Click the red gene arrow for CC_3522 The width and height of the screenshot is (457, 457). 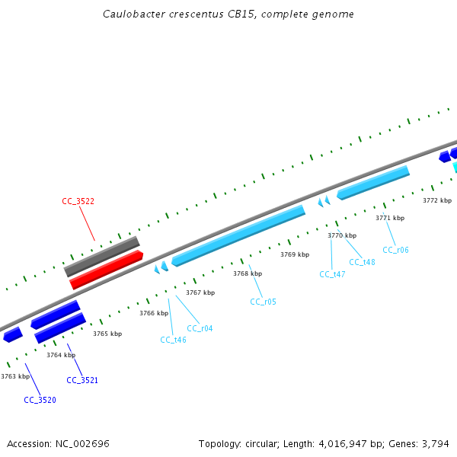pos(107,270)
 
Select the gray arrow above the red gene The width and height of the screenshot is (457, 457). pos(101,256)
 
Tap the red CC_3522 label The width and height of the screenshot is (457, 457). pos(78,201)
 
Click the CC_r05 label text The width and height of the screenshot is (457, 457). pos(263,302)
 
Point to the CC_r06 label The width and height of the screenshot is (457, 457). pos(395,250)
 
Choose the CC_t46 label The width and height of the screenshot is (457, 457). pos(173,340)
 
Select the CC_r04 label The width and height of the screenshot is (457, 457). pos(200,328)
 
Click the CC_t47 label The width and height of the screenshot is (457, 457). pos(332,274)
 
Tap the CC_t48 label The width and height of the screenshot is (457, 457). pos(362,262)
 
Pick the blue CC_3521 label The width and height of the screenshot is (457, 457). pos(82,380)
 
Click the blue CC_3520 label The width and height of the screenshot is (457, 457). pos(40,400)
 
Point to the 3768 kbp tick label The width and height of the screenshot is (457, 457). pos(248,273)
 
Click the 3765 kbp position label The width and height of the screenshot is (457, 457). pos(107,334)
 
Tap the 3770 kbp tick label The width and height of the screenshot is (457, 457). pos(342,235)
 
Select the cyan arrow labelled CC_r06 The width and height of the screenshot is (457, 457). pos(373,182)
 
